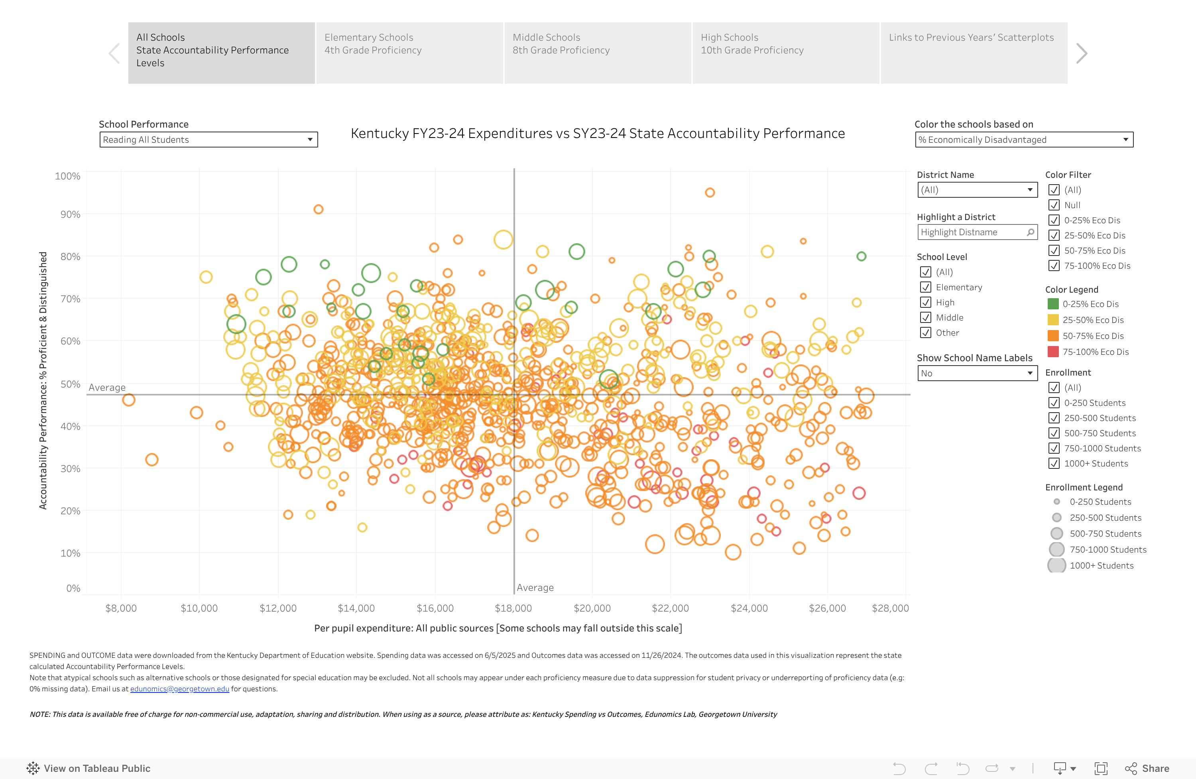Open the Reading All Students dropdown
[x=208, y=140]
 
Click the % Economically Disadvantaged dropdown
[x=1024, y=140]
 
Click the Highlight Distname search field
[x=972, y=232]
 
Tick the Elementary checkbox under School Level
[x=925, y=287]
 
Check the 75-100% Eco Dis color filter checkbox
[x=1054, y=266]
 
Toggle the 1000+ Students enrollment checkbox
[x=1054, y=463]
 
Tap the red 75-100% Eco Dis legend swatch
[x=1053, y=352]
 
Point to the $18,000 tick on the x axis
[x=513, y=608]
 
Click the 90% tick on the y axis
[x=70, y=214]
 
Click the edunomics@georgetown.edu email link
[x=179, y=689]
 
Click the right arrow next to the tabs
[x=1082, y=53]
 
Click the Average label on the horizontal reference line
[x=107, y=388]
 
